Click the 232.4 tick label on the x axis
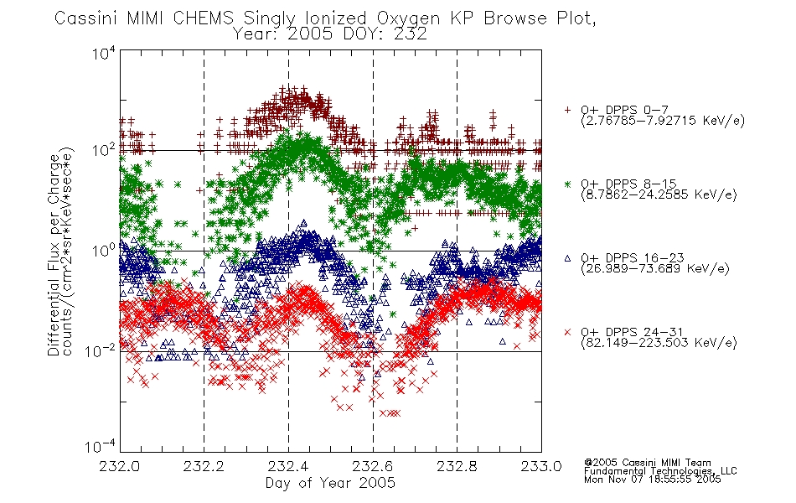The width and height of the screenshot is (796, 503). point(288,466)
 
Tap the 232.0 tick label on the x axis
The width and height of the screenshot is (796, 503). point(119,466)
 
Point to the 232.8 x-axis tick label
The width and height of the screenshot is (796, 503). point(457,466)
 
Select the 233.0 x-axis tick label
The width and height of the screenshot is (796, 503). point(541,466)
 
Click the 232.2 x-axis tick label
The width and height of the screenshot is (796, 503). point(204,466)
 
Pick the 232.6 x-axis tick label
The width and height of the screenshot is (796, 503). point(373,466)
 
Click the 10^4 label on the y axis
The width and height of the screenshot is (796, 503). point(104,53)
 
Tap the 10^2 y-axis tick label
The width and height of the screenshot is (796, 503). point(104,150)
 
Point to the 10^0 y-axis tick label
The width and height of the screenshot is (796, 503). point(104,251)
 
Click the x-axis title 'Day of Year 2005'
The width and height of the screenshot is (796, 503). point(330,483)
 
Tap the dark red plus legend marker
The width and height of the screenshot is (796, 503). point(567,110)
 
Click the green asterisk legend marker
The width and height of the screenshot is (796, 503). point(567,184)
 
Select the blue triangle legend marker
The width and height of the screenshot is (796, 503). point(567,258)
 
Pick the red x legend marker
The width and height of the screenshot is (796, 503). point(567,332)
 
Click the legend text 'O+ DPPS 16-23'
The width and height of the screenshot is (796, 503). point(633,258)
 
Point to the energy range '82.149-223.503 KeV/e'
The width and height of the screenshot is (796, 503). point(659,343)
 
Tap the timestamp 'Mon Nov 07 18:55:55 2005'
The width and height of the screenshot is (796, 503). point(653,480)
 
